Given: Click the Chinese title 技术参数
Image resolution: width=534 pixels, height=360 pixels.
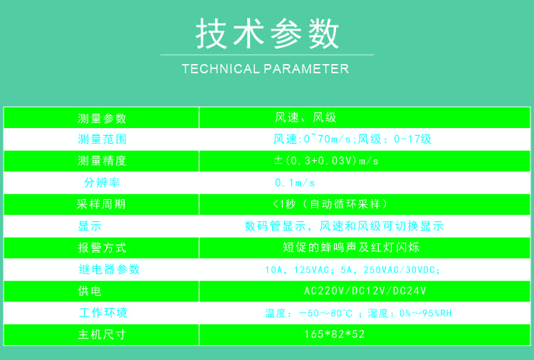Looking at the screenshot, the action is click(x=267, y=33).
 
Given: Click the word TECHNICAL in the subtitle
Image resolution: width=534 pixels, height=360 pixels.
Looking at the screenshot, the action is click(x=221, y=69).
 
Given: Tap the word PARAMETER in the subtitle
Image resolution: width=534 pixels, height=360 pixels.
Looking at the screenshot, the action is click(x=306, y=69).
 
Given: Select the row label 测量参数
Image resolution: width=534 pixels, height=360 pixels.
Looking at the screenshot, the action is click(x=102, y=118).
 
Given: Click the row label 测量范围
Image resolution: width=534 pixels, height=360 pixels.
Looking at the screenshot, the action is click(x=102, y=139).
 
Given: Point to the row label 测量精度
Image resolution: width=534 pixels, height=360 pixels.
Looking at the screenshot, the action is click(x=102, y=161).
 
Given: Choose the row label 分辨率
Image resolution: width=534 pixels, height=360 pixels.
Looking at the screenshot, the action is click(x=102, y=182).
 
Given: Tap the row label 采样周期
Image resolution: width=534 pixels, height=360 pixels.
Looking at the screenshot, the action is click(x=101, y=203).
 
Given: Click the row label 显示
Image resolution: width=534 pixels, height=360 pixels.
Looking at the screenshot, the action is click(x=90, y=226).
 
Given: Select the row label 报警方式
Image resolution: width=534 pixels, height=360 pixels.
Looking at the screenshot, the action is click(x=102, y=248).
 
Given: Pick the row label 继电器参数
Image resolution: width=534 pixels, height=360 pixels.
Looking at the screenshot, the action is click(x=110, y=269).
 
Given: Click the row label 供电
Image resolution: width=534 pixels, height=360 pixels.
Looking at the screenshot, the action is click(x=90, y=291).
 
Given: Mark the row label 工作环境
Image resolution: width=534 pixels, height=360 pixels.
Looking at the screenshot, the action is click(x=103, y=312).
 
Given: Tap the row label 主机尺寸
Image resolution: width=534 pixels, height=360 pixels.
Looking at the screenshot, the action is click(x=102, y=334).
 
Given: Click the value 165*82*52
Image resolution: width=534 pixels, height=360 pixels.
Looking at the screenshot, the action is click(x=335, y=334).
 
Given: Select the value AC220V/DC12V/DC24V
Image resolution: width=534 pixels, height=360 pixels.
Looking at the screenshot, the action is click(x=365, y=291).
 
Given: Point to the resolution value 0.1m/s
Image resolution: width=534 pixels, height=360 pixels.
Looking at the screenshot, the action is click(x=295, y=183).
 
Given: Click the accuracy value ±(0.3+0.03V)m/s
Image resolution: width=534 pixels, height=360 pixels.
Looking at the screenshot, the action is click(x=326, y=161).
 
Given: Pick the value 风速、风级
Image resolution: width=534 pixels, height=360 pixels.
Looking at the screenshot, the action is click(x=305, y=117).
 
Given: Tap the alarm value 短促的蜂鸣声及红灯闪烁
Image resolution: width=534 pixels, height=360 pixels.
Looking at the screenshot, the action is click(x=351, y=248).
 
